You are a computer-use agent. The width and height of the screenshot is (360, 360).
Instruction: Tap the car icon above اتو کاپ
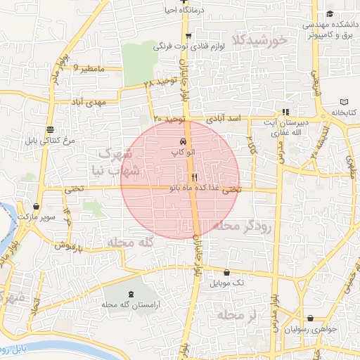(184, 141)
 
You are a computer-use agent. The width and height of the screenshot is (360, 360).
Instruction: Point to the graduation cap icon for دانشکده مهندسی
(330, 14)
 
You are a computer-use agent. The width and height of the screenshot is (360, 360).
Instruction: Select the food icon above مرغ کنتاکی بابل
(49, 129)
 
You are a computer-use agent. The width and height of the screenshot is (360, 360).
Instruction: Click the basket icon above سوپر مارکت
(36, 206)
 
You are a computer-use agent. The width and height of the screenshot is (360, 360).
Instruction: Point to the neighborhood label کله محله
(129, 242)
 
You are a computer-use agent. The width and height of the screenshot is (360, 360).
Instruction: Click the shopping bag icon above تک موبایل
(226, 272)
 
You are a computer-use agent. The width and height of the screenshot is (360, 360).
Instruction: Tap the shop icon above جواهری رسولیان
(310, 318)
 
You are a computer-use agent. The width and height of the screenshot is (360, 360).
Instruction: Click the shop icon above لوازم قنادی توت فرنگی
(188, 35)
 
